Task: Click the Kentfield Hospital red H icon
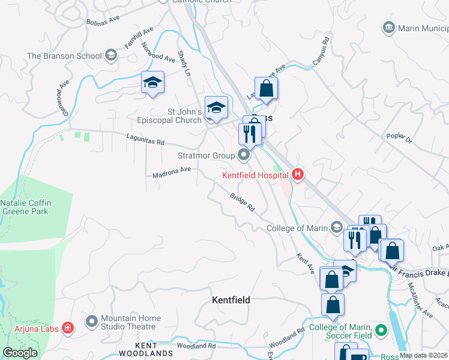(297, 175)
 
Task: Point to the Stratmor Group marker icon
(244, 156)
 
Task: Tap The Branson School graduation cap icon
(110, 56)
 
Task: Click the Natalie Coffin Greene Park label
(26, 207)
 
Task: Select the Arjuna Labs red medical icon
(68, 328)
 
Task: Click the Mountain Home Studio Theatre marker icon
(91, 322)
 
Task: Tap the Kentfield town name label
(231, 299)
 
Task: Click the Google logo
(20, 353)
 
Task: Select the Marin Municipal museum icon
(388, 28)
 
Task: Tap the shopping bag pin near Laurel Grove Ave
(267, 88)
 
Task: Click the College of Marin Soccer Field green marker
(380, 331)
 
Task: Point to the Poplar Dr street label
(399, 139)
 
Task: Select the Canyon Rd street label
(321, 52)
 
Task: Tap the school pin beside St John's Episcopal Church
(216, 107)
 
